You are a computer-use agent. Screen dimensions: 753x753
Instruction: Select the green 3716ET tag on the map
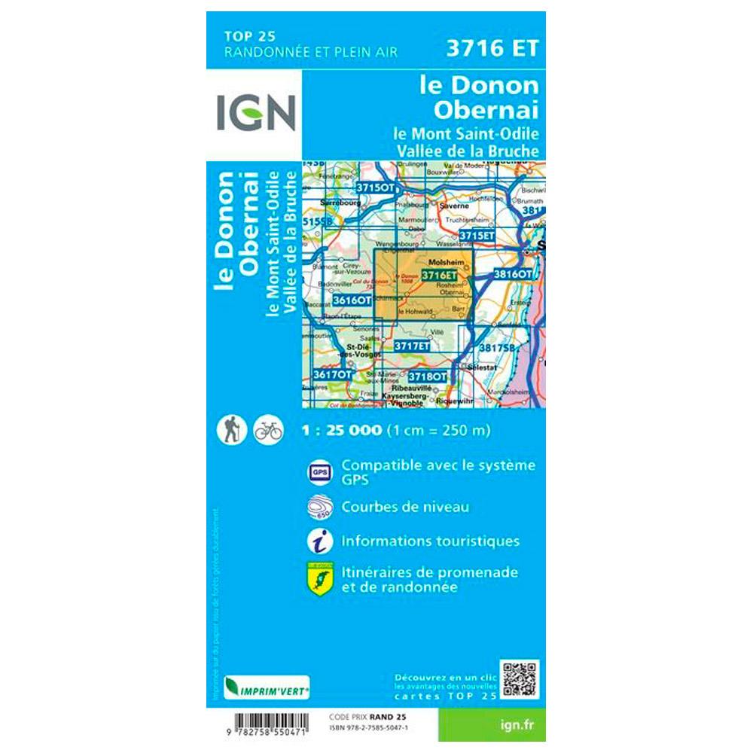pos(440,276)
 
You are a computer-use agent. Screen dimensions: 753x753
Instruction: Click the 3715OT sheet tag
pos(375,187)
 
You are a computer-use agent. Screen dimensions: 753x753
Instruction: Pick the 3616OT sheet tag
pos(352,300)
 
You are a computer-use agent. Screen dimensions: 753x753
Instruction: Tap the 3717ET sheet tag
pos(413,346)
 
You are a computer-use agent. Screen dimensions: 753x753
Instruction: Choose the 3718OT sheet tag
pos(427,376)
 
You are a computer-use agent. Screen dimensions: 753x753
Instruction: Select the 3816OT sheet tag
pos(513,275)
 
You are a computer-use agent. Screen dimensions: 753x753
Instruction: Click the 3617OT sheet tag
pos(333,374)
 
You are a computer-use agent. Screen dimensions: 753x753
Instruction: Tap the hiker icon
pos(229,430)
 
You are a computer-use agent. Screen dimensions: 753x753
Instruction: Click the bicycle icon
pos(268,430)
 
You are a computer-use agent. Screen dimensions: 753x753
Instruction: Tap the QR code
pos(520,679)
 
